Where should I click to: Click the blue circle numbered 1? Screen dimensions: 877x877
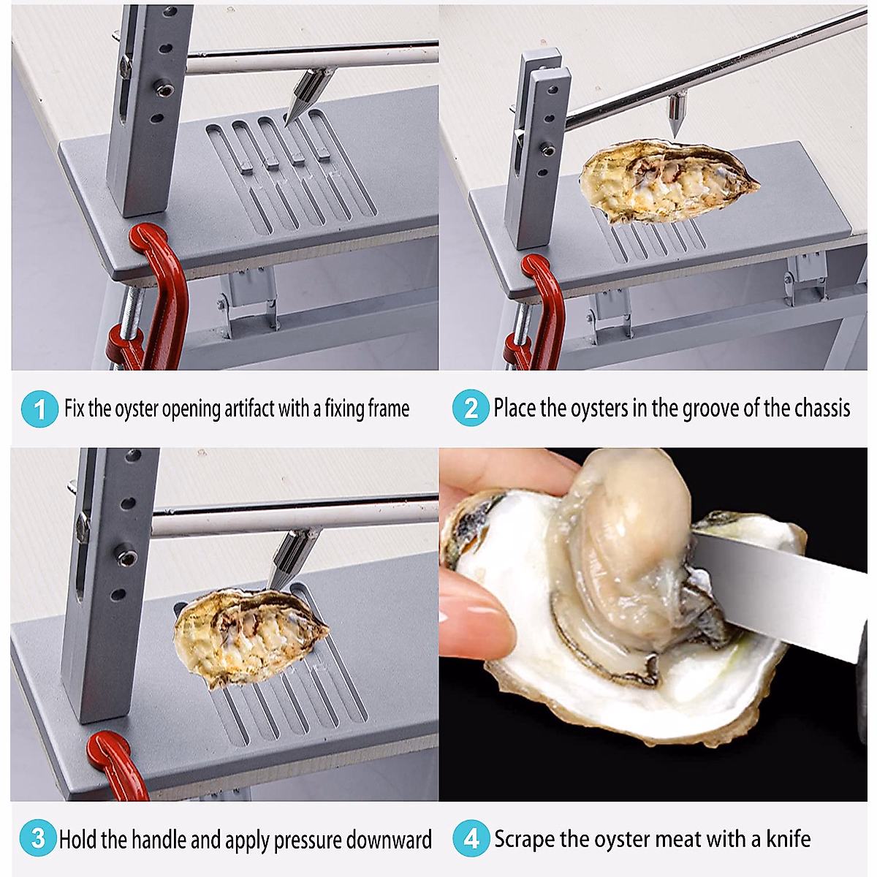tap(39, 409)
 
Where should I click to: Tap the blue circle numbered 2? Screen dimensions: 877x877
tap(471, 408)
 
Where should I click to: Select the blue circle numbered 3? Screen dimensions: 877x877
tap(38, 838)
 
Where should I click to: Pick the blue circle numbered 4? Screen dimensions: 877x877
tap(471, 838)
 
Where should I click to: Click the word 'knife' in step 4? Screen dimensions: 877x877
tap(788, 838)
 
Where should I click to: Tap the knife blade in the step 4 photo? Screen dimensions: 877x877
tap(782, 592)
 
